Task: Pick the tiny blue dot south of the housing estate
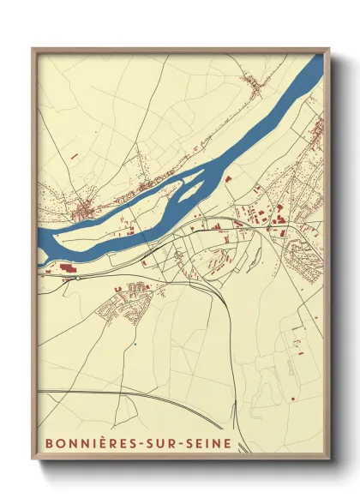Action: point(135,344)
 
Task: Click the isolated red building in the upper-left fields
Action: point(73,156)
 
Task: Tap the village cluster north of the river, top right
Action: point(254,83)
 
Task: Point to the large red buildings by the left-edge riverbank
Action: point(65,268)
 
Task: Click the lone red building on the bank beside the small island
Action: point(228,179)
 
